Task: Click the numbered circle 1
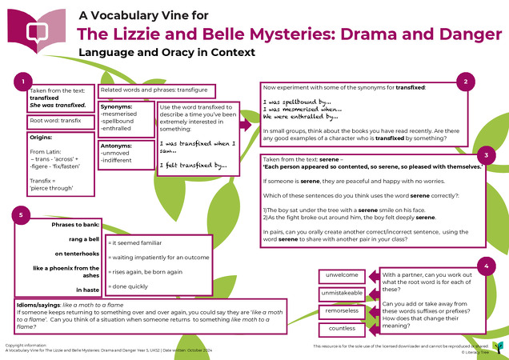pos(26,82)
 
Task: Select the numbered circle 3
pos(485,155)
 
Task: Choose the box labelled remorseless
pos(341,312)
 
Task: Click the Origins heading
pos(40,138)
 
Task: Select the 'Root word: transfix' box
pos(54,121)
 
